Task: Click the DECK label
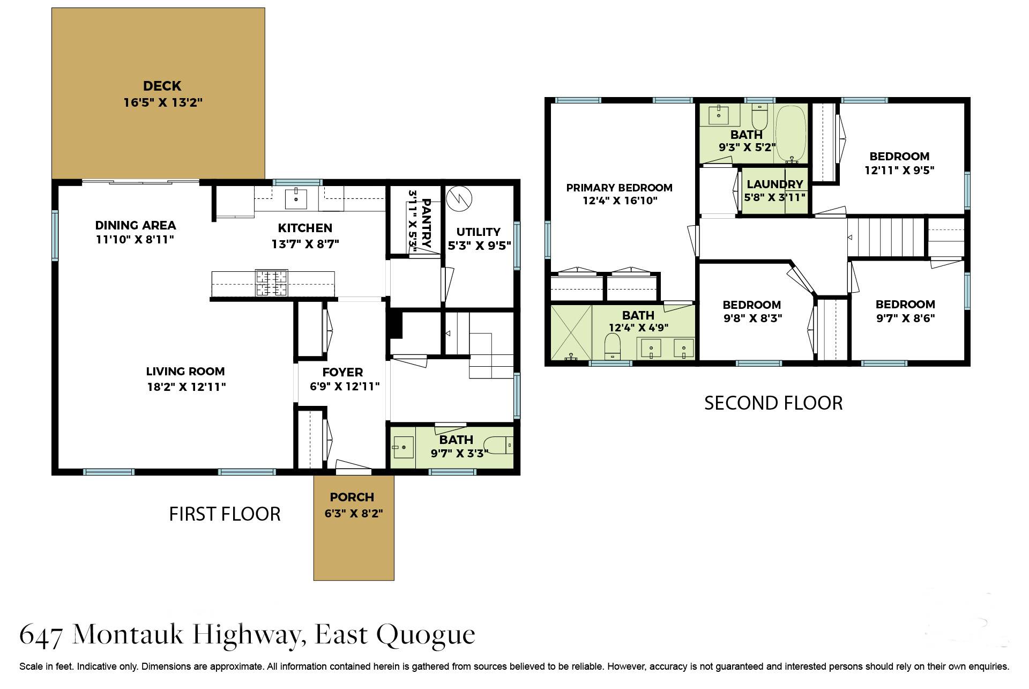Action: point(162,86)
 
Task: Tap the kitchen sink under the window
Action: point(296,198)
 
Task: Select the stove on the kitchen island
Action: point(271,283)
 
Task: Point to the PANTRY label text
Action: point(427,223)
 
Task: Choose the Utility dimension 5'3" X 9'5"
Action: point(479,246)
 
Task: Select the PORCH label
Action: point(352,497)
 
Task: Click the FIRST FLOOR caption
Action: point(225,514)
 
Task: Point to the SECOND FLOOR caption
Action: point(773,403)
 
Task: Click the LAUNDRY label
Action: point(775,184)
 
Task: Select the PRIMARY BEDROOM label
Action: point(619,188)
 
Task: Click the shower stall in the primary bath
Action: point(571,332)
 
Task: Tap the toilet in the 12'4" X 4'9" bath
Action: point(612,346)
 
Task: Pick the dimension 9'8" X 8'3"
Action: point(752,318)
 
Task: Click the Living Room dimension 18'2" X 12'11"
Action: point(187,387)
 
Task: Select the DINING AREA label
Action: point(136,225)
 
